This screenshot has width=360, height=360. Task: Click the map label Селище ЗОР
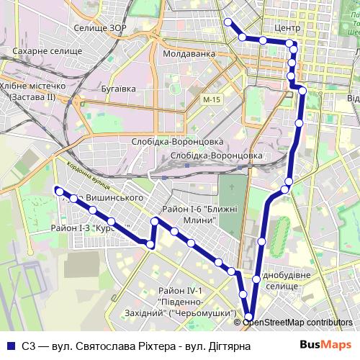point(100,30)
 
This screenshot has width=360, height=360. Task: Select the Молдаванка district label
point(189,54)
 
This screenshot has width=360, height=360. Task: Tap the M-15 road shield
point(210,99)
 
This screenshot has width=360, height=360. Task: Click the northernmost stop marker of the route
point(228,22)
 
